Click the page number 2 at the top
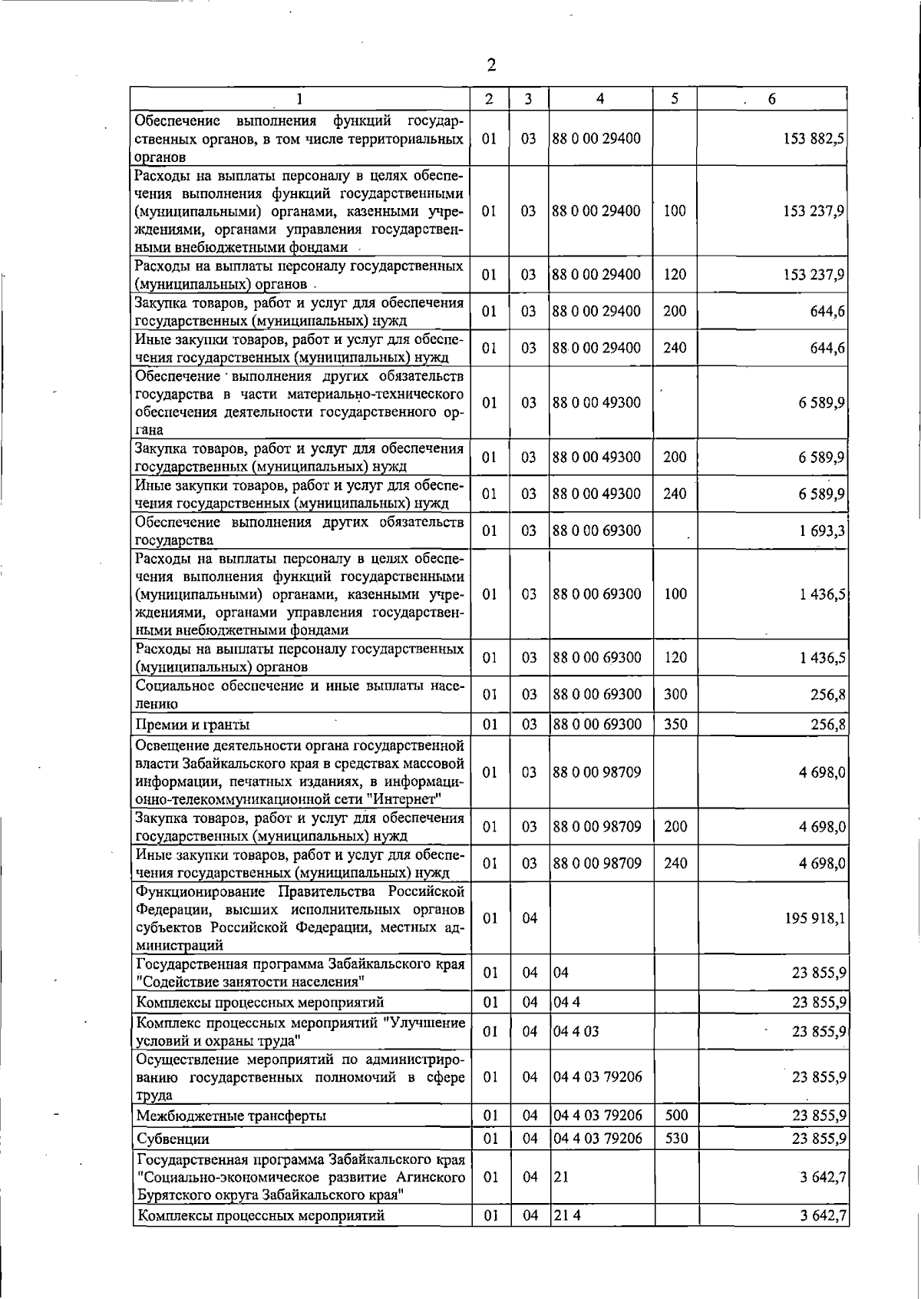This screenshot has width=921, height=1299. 491,65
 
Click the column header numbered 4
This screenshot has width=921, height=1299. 599,98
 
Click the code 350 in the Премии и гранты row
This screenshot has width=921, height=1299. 675,724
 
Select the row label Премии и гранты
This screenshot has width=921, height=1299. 193,725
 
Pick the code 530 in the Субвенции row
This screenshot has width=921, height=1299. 675,1138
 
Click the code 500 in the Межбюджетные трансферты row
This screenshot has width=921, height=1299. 675,1115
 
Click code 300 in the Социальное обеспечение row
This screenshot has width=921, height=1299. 675,694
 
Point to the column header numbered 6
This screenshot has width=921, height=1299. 771,98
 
